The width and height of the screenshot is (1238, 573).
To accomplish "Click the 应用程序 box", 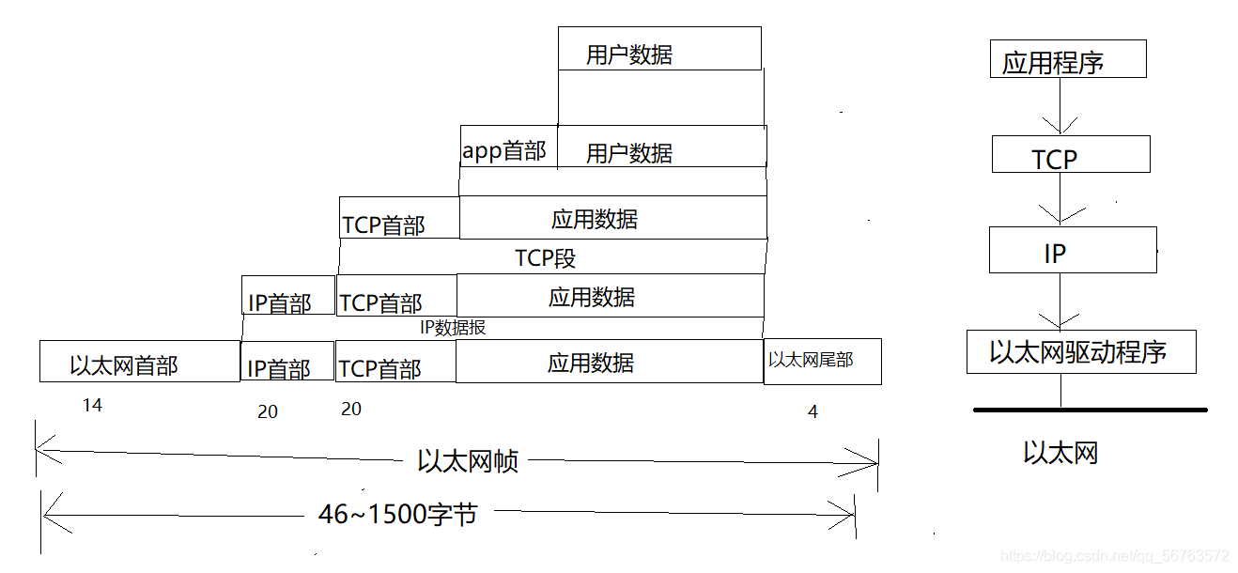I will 1068,59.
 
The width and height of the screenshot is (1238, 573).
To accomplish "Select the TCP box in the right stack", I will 1070,155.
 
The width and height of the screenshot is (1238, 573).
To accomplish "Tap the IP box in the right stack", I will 1072,250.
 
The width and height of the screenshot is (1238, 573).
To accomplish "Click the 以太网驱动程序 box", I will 1080,352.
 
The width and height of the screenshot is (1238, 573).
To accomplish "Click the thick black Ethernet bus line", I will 1090,410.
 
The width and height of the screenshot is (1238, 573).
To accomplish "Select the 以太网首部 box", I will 139,363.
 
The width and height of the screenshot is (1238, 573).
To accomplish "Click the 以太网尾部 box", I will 822,361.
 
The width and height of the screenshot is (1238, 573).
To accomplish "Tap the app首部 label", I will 504,151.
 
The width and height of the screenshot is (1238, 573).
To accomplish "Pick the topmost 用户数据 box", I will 659,49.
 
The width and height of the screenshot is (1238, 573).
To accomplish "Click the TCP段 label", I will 546,257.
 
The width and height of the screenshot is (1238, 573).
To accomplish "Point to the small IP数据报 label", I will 453,328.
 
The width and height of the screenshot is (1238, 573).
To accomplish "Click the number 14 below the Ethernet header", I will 91,406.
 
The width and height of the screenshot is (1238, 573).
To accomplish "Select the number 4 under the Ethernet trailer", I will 812,411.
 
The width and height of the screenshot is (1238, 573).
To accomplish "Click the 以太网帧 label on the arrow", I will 467,461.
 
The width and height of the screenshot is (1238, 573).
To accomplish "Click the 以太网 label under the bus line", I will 1060,454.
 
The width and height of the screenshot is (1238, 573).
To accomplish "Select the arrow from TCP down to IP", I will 1060,200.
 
